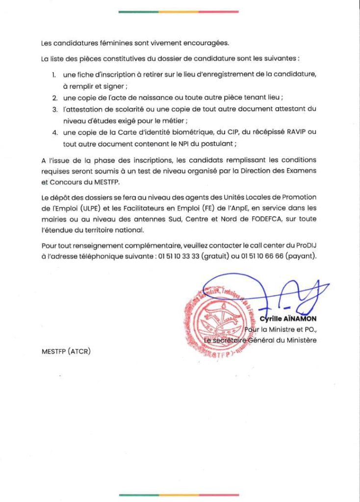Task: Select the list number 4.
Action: pyautogui.click(x=55, y=133)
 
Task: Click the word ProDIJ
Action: pyautogui.click(x=305, y=245)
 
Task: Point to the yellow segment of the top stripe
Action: pyautogui.click(x=179, y=11)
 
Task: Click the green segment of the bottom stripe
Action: pyautogui.click(x=138, y=495)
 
